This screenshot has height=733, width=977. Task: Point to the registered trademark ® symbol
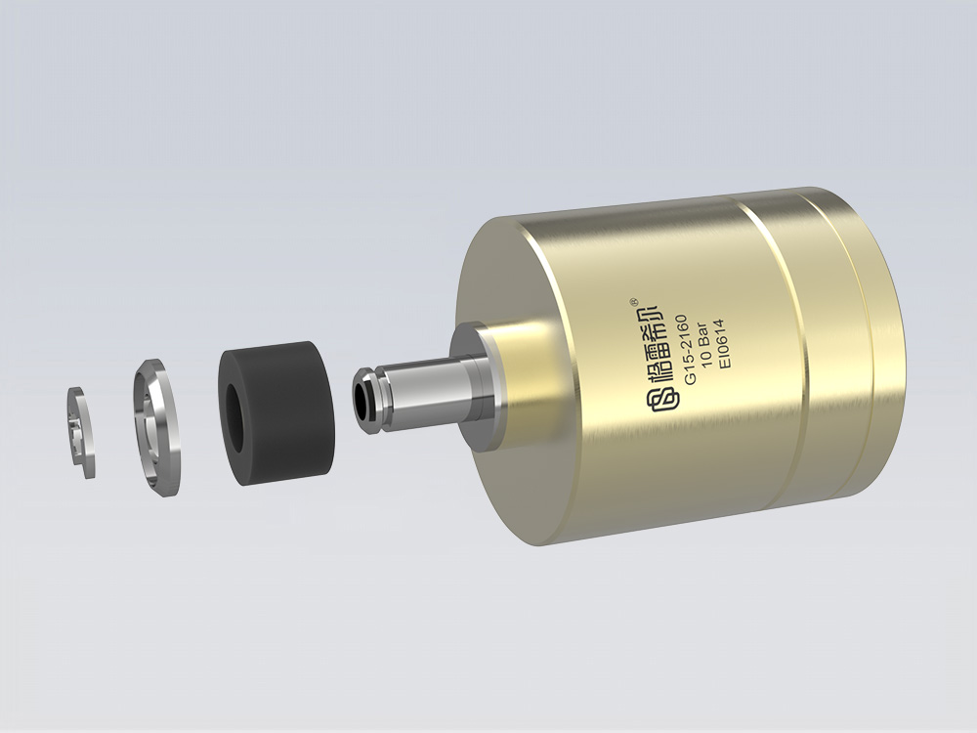tap(634, 300)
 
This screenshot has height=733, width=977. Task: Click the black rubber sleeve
tap(276, 412)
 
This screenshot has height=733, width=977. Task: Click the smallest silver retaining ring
tap(81, 433)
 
